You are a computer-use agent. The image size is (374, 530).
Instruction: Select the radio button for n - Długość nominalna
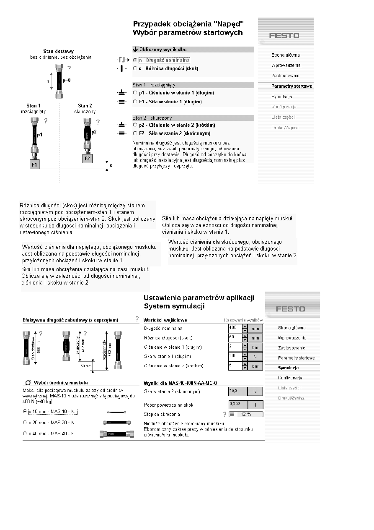[134, 60]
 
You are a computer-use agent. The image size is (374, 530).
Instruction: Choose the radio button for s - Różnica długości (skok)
[134, 68]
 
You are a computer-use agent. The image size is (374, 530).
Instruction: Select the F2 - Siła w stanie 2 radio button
[134, 133]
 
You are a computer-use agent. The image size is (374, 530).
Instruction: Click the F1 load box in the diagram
[35, 165]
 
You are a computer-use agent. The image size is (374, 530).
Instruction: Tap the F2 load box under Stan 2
[87, 159]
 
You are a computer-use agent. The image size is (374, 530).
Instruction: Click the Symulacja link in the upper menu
[281, 97]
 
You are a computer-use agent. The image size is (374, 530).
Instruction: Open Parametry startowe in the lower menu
[296, 358]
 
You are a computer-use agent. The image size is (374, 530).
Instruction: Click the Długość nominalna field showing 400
[235, 328]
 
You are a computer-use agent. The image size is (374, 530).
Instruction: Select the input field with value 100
[235, 356]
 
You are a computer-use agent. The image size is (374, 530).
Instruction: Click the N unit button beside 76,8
[255, 392]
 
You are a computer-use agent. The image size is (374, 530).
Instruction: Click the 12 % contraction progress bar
[245, 415]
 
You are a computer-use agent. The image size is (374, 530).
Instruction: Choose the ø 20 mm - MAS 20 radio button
[25, 423]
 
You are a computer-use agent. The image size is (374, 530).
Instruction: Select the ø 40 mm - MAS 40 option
[25, 433]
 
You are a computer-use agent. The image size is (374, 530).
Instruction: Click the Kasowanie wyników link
[243, 320]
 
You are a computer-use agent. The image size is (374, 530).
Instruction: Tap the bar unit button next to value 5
[255, 366]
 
